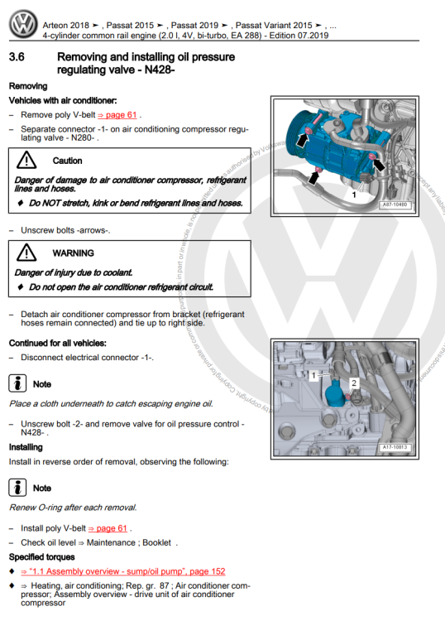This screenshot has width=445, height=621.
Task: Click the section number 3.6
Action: pos(20,57)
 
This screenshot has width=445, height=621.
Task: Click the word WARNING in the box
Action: pos(73,253)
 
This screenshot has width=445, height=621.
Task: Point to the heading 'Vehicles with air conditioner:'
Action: pos(62,100)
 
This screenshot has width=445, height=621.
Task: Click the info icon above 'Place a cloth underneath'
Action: pos(17,384)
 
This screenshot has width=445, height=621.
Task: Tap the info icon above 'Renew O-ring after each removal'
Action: pos(17,488)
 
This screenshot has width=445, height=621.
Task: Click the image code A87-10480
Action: pos(395,202)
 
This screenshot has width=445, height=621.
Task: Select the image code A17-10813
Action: pos(395,446)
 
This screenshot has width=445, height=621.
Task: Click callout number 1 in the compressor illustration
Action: pos(354,194)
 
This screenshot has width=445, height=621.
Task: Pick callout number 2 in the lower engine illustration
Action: pos(353,383)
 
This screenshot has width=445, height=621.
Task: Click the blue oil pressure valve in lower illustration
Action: pos(332,391)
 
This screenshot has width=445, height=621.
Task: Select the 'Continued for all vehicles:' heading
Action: pos(63,343)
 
